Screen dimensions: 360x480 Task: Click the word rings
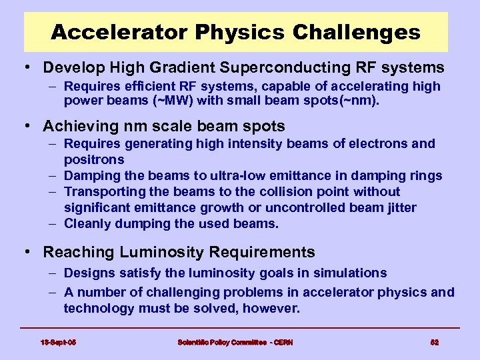tap(425, 175)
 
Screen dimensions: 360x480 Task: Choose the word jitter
tap(399, 207)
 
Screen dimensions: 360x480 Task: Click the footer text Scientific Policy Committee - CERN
tap(235, 342)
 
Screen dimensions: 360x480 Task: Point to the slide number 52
tap(434, 342)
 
